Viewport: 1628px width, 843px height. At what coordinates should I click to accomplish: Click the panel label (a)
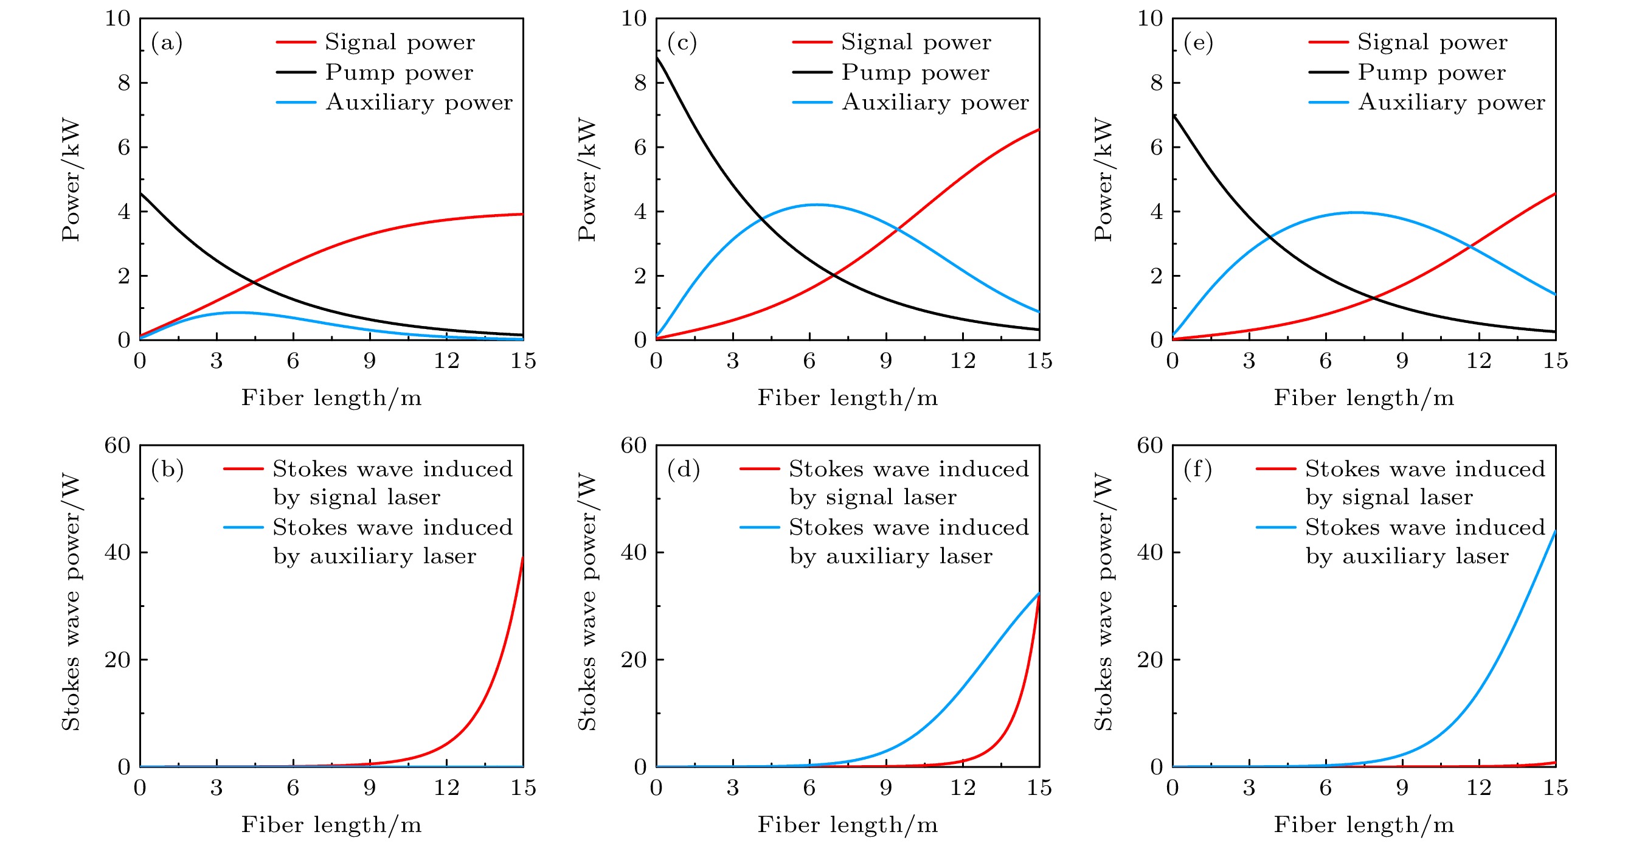(167, 43)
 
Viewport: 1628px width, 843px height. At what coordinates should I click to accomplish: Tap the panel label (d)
(683, 470)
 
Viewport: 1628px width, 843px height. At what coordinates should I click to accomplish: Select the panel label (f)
(1197, 470)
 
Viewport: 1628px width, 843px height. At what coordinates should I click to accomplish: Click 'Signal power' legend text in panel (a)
(400, 43)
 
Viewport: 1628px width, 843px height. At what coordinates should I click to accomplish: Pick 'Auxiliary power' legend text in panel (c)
(935, 102)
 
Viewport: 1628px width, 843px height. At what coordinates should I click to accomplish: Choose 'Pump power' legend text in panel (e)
(1432, 72)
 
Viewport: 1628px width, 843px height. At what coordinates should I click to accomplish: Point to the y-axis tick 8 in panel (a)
(124, 83)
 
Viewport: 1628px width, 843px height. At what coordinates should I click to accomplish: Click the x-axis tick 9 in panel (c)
(886, 361)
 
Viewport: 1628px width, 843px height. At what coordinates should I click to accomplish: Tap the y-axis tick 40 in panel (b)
(117, 552)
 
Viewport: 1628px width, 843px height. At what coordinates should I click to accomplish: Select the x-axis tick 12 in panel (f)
(1479, 788)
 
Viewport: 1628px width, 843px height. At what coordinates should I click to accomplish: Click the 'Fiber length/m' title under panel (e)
(1364, 398)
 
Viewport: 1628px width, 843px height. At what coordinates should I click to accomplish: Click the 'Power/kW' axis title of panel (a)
(71, 179)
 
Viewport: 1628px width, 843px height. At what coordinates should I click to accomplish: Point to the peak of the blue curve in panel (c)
(817, 205)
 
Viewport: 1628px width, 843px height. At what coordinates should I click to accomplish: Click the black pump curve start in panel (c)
(657, 57)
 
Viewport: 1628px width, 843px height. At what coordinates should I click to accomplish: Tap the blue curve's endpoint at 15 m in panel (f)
(1555, 531)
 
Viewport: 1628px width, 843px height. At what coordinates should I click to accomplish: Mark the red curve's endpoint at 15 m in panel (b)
(522, 557)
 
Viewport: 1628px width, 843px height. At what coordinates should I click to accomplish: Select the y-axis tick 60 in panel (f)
(1149, 445)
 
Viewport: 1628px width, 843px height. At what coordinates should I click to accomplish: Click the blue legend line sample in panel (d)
(760, 527)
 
